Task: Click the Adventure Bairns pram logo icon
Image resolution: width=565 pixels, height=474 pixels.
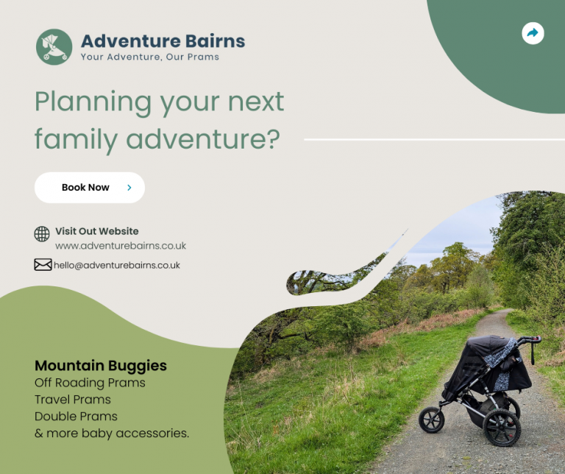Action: coord(54,46)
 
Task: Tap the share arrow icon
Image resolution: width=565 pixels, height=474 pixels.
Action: coord(533,33)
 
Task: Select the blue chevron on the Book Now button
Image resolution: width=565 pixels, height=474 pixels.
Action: coord(129,188)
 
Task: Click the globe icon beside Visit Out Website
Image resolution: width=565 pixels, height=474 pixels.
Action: coord(42,234)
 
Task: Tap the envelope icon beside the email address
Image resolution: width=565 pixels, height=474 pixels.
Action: coord(43,264)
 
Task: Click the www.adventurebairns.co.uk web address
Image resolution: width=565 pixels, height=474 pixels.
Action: coord(121,246)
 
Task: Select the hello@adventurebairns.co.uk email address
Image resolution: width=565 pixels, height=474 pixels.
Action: coord(117,265)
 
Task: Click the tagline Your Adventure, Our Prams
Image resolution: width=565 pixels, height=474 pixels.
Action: coord(149,57)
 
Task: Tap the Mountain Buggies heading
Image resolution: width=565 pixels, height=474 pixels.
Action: coord(101,365)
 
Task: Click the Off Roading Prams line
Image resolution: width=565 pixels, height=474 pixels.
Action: coord(90,383)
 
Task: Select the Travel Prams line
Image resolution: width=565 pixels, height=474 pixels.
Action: coord(73,400)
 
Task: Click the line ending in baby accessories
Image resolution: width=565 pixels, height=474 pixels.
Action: coord(112,434)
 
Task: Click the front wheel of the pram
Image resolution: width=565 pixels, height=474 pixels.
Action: coord(432,420)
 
